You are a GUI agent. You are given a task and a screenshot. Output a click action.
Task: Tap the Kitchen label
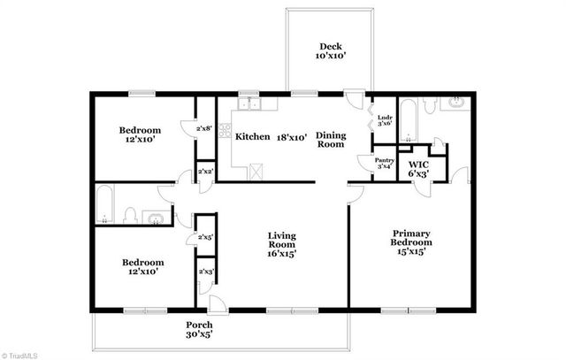tap(252, 136)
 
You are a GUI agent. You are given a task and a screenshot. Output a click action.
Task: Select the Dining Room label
tap(331, 140)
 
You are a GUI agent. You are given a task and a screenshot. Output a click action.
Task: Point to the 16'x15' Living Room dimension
tap(282, 254)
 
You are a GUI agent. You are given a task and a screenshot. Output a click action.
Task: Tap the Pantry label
tap(385, 160)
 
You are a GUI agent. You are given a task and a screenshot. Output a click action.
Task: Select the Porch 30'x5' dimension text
tap(199, 335)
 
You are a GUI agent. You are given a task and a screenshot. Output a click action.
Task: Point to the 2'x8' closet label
tap(203, 128)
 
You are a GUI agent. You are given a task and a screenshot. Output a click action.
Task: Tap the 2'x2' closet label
tap(203, 171)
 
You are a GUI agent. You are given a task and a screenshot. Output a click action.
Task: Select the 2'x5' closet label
tap(204, 236)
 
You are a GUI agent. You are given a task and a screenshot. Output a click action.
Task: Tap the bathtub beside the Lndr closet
tap(409, 121)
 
